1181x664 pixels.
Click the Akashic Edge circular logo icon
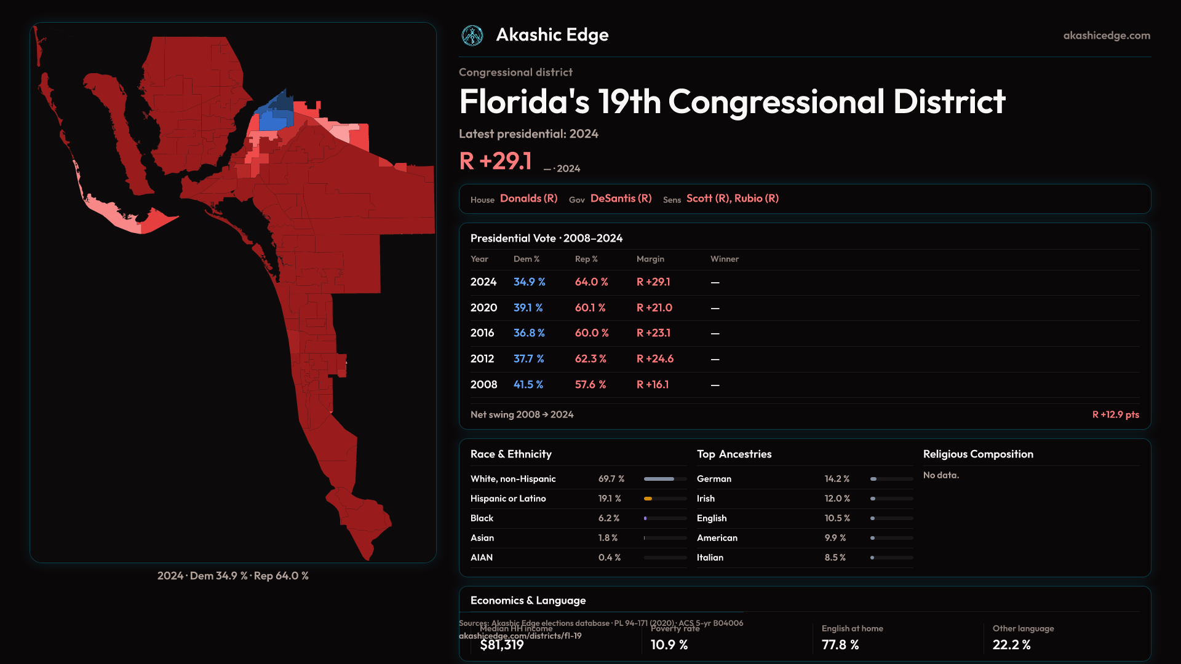coord(472,36)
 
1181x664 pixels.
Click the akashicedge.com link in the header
coord(1107,36)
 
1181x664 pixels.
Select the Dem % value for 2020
coord(528,307)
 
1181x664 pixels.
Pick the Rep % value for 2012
coord(590,358)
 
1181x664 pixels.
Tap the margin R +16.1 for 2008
coord(653,384)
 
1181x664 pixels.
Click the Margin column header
coord(650,259)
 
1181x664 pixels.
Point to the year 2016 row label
coord(482,333)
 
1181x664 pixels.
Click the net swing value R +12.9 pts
coord(1115,414)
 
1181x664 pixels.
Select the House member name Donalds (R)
coord(528,198)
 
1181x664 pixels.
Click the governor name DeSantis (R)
coord(621,198)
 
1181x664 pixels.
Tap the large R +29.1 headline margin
coord(495,161)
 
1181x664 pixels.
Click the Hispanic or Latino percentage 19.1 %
coord(610,499)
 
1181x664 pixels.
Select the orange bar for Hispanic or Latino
coord(648,499)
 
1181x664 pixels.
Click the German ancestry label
coord(714,479)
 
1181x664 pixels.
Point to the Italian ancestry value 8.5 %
coord(835,558)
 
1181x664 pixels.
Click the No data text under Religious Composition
coord(940,475)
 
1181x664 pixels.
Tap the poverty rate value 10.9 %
coord(669,644)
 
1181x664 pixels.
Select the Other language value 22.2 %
coord(1011,644)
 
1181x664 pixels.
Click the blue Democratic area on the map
coord(274,117)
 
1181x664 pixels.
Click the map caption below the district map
coord(233,575)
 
